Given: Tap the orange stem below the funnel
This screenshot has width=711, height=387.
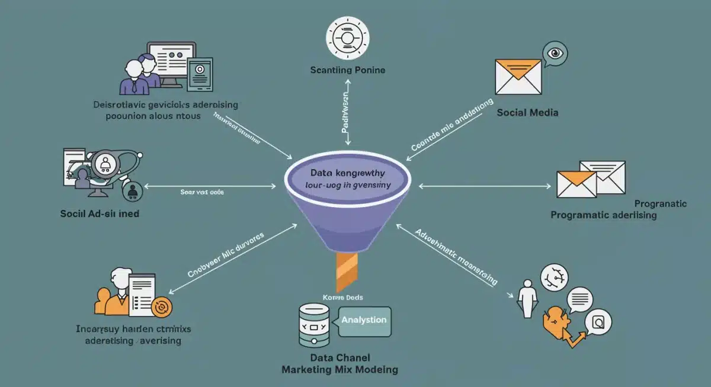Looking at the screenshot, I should pyautogui.click(x=348, y=272).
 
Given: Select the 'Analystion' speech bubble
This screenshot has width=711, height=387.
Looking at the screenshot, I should pyautogui.click(x=364, y=320).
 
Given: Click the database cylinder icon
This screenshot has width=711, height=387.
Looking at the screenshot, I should pyautogui.click(x=315, y=326).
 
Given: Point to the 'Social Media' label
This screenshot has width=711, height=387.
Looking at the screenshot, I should pyautogui.click(x=527, y=112).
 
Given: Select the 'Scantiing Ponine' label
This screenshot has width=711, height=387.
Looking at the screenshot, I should pyautogui.click(x=348, y=70).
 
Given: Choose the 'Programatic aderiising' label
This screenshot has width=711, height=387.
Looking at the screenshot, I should pyautogui.click(x=603, y=215).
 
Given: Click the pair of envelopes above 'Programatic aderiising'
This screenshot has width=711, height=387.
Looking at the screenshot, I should pyautogui.click(x=591, y=179).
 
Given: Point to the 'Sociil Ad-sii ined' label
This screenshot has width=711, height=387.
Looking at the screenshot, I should pyautogui.click(x=100, y=214).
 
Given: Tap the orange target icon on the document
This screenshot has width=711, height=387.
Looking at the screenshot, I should pyautogui.click(x=160, y=307).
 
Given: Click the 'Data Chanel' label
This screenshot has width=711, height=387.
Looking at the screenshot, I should pyautogui.click(x=340, y=358).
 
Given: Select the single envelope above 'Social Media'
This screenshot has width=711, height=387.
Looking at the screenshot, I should pyautogui.click(x=518, y=76).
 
